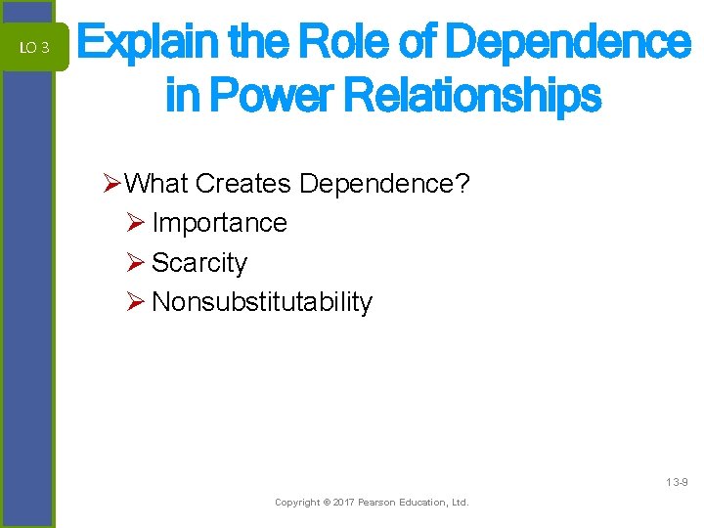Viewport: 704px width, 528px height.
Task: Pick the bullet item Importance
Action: click(x=219, y=223)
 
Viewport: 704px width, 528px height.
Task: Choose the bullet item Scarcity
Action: click(x=199, y=263)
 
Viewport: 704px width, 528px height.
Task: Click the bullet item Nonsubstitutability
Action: click(x=262, y=303)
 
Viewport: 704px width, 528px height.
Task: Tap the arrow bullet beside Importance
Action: click(x=136, y=223)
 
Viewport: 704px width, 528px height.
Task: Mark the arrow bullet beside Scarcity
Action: click(x=136, y=263)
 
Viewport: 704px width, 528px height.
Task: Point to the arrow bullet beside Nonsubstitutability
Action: click(x=136, y=303)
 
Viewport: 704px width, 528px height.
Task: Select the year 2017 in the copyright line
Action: click(x=344, y=503)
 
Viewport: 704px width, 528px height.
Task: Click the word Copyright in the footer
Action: click(x=296, y=503)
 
